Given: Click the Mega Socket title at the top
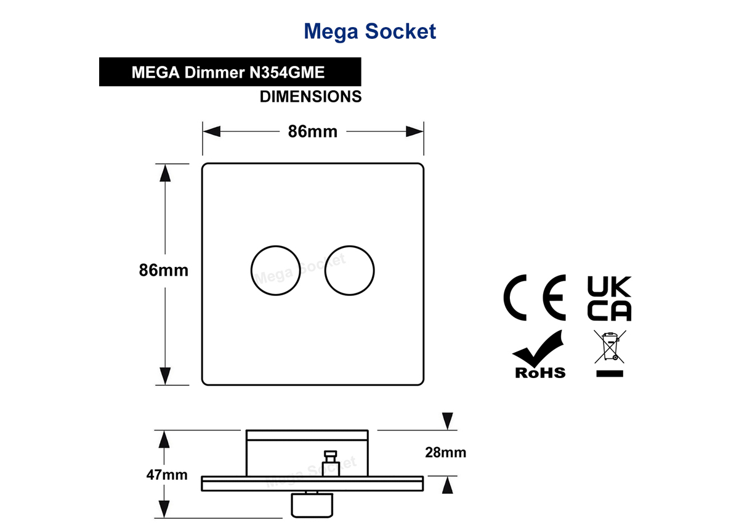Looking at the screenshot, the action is (370, 31).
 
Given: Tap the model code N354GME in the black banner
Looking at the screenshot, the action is (287, 72).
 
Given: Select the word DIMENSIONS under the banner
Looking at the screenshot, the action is (310, 96).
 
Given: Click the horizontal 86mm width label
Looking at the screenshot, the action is (313, 131).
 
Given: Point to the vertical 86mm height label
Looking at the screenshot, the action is (164, 270).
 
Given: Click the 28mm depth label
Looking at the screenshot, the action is (445, 453).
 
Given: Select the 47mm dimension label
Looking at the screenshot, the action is (167, 475).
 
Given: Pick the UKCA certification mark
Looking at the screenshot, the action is (609, 298).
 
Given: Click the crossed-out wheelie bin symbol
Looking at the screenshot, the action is (610, 353).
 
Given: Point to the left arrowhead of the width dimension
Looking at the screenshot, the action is (212, 131).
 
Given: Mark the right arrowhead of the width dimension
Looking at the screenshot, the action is (414, 131).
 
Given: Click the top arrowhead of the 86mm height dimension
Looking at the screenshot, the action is (165, 173).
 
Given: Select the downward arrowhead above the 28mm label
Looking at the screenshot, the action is (447, 421).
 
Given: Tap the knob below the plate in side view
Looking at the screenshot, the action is (312, 504).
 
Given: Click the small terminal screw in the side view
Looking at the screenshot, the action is (330, 463).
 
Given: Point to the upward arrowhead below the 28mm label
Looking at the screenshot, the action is (447, 485).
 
